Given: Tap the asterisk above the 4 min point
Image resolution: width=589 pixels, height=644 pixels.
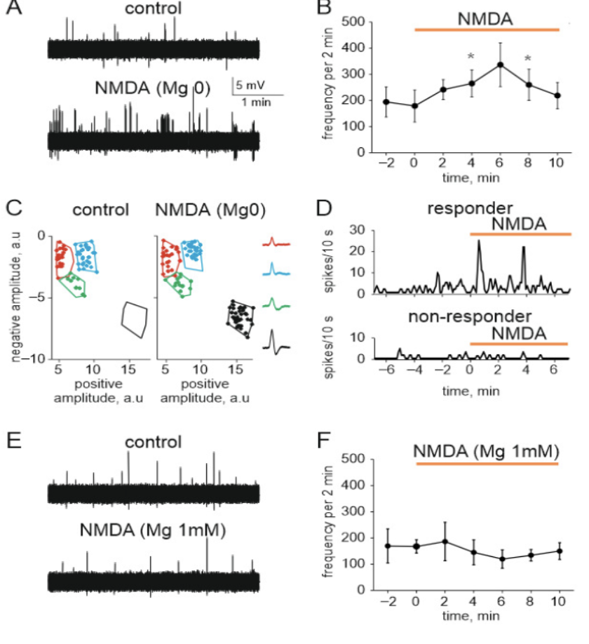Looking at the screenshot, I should click(x=472, y=57).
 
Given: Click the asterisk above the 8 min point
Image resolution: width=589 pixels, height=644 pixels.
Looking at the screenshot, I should click(x=528, y=60).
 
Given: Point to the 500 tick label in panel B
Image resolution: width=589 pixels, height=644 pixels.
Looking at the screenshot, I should click(x=357, y=22).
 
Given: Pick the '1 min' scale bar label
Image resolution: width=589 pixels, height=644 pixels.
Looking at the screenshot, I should click(x=257, y=102).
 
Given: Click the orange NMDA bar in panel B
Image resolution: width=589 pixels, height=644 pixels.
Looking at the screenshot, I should click(x=487, y=29).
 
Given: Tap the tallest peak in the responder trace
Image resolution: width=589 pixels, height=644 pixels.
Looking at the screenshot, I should click(x=479, y=242).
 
